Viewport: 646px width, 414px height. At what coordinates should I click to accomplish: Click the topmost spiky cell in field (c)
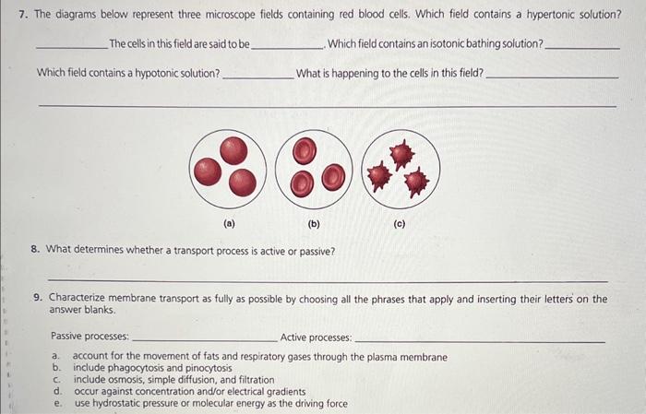pos(401,153)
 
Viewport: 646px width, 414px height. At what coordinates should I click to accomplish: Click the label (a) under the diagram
pos(229,223)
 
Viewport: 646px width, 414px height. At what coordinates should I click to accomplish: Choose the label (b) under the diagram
pos(314,223)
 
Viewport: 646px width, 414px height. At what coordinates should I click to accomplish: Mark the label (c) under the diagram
pos(399,223)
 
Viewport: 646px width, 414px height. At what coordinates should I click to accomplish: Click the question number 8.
pos(36,250)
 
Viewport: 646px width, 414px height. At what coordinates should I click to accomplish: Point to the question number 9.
pos(36,298)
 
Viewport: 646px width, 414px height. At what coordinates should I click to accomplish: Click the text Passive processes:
pos(90,337)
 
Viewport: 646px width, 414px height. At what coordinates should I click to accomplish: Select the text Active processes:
pos(316,337)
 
